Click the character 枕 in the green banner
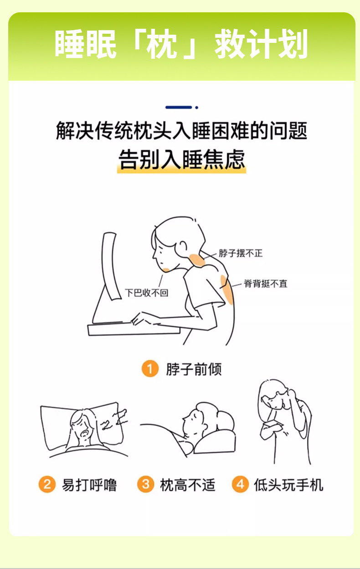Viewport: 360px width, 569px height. tap(162, 44)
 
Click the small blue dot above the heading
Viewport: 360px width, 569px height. tap(196, 108)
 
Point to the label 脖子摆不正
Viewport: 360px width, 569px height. tap(241, 253)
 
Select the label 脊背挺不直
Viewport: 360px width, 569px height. tap(265, 284)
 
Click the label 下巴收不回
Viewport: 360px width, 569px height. tap(146, 293)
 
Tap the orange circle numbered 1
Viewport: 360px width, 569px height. tap(150, 368)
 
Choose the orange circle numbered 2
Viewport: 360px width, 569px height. tap(47, 484)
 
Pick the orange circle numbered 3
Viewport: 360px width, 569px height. tap(146, 484)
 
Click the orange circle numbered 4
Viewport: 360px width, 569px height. tap(240, 484)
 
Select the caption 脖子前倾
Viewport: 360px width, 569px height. tap(194, 369)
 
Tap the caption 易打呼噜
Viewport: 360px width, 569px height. tap(89, 485)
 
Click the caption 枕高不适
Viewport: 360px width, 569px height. tap(188, 485)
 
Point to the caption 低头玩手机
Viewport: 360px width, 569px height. tap(288, 485)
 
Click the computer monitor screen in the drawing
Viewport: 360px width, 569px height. tap(111, 265)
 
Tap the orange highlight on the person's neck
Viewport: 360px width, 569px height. tap(197, 260)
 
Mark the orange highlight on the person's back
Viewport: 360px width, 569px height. tap(227, 290)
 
